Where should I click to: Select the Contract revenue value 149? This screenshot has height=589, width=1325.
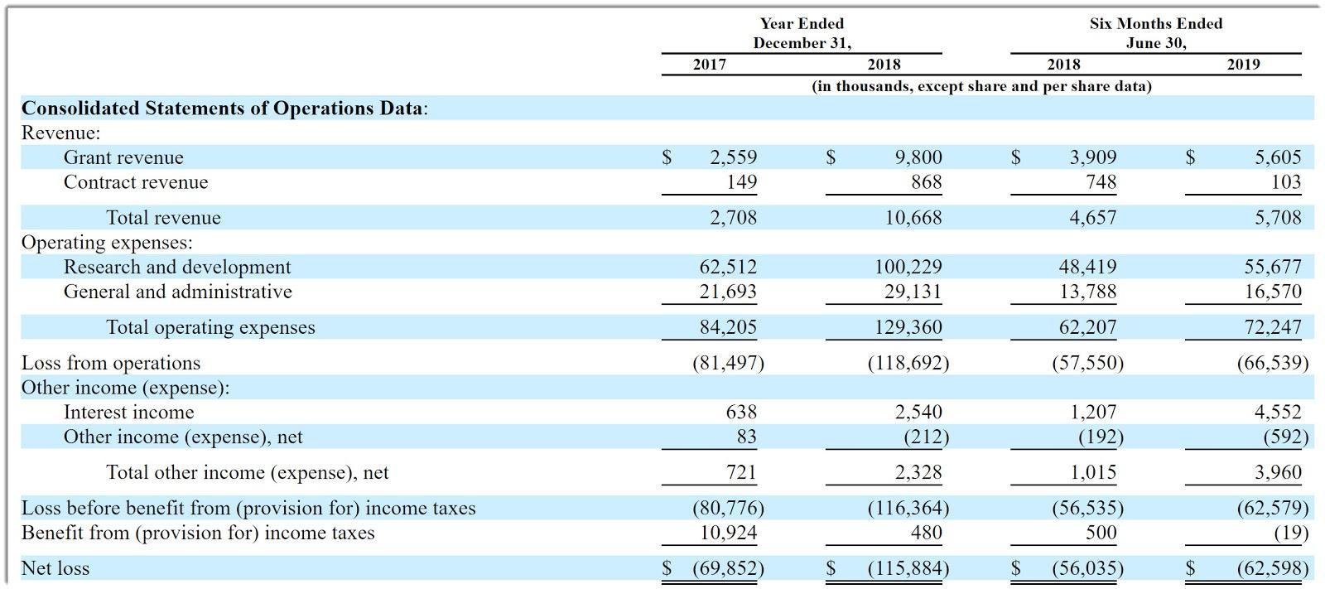(741, 182)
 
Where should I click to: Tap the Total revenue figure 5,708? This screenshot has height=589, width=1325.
(1278, 218)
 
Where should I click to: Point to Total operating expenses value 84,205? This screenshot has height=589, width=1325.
(728, 327)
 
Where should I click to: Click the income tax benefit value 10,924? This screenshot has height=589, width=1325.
(728, 533)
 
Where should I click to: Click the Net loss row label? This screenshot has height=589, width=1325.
(55, 568)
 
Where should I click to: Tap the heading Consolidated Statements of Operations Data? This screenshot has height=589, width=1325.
(224, 109)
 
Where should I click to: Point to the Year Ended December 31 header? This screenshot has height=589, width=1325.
(802, 33)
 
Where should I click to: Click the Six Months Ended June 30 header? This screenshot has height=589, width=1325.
(1155, 33)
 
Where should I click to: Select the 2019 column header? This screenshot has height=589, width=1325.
(1243, 65)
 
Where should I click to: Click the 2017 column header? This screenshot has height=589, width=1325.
(709, 65)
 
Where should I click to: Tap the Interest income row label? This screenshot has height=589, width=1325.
(128, 413)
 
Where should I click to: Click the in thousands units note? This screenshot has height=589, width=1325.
(981, 86)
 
